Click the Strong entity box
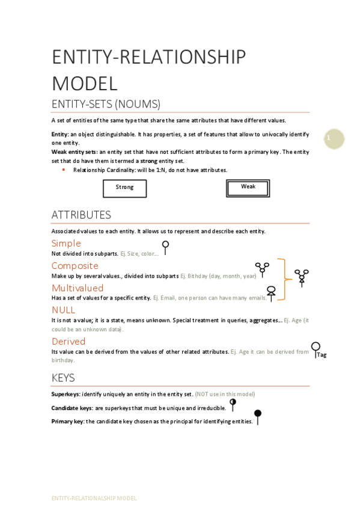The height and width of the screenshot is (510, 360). pyautogui.click(x=124, y=188)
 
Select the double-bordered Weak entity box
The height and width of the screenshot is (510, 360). pyautogui.click(x=248, y=188)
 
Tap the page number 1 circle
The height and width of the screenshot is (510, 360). pyautogui.click(x=334, y=139)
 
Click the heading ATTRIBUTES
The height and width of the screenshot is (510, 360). pyautogui.click(x=81, y=215)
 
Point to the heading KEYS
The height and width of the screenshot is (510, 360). pyautogui.click(x=63, y=378)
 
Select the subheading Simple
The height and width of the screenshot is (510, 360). pyautogui.click(x=66, y=243)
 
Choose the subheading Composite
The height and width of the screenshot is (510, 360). pyautogui.click(x=75, y=265)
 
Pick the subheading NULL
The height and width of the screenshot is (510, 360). pyautogui.click(x=63, y=310)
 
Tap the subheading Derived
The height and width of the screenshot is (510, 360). pyautogui.click(x=69, y=341)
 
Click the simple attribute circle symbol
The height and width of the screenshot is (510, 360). pyautogui.click(x=165, y=245)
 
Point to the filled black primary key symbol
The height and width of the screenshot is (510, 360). pyautogui.click(x=258, y=414)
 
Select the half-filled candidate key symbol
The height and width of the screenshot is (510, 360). pyautogui.click(x=233, y=402)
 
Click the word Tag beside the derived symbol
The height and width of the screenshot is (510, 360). pyautogui.click(x=322, y=355)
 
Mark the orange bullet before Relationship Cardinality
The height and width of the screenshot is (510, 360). pyautogui.click(x=64, y=170)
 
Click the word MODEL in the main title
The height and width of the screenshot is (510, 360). pyautogui.click(x=85, y=82)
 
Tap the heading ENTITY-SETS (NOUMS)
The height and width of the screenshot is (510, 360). pyautogui.click(x=106, y=103)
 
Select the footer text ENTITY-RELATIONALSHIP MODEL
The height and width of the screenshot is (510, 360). pyautogui.click(x=94, y=498)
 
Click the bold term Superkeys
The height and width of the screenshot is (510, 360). pyautogui.click(x=66, y=394)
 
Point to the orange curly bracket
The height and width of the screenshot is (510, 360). pyautogui.click(x=282, y=278)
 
